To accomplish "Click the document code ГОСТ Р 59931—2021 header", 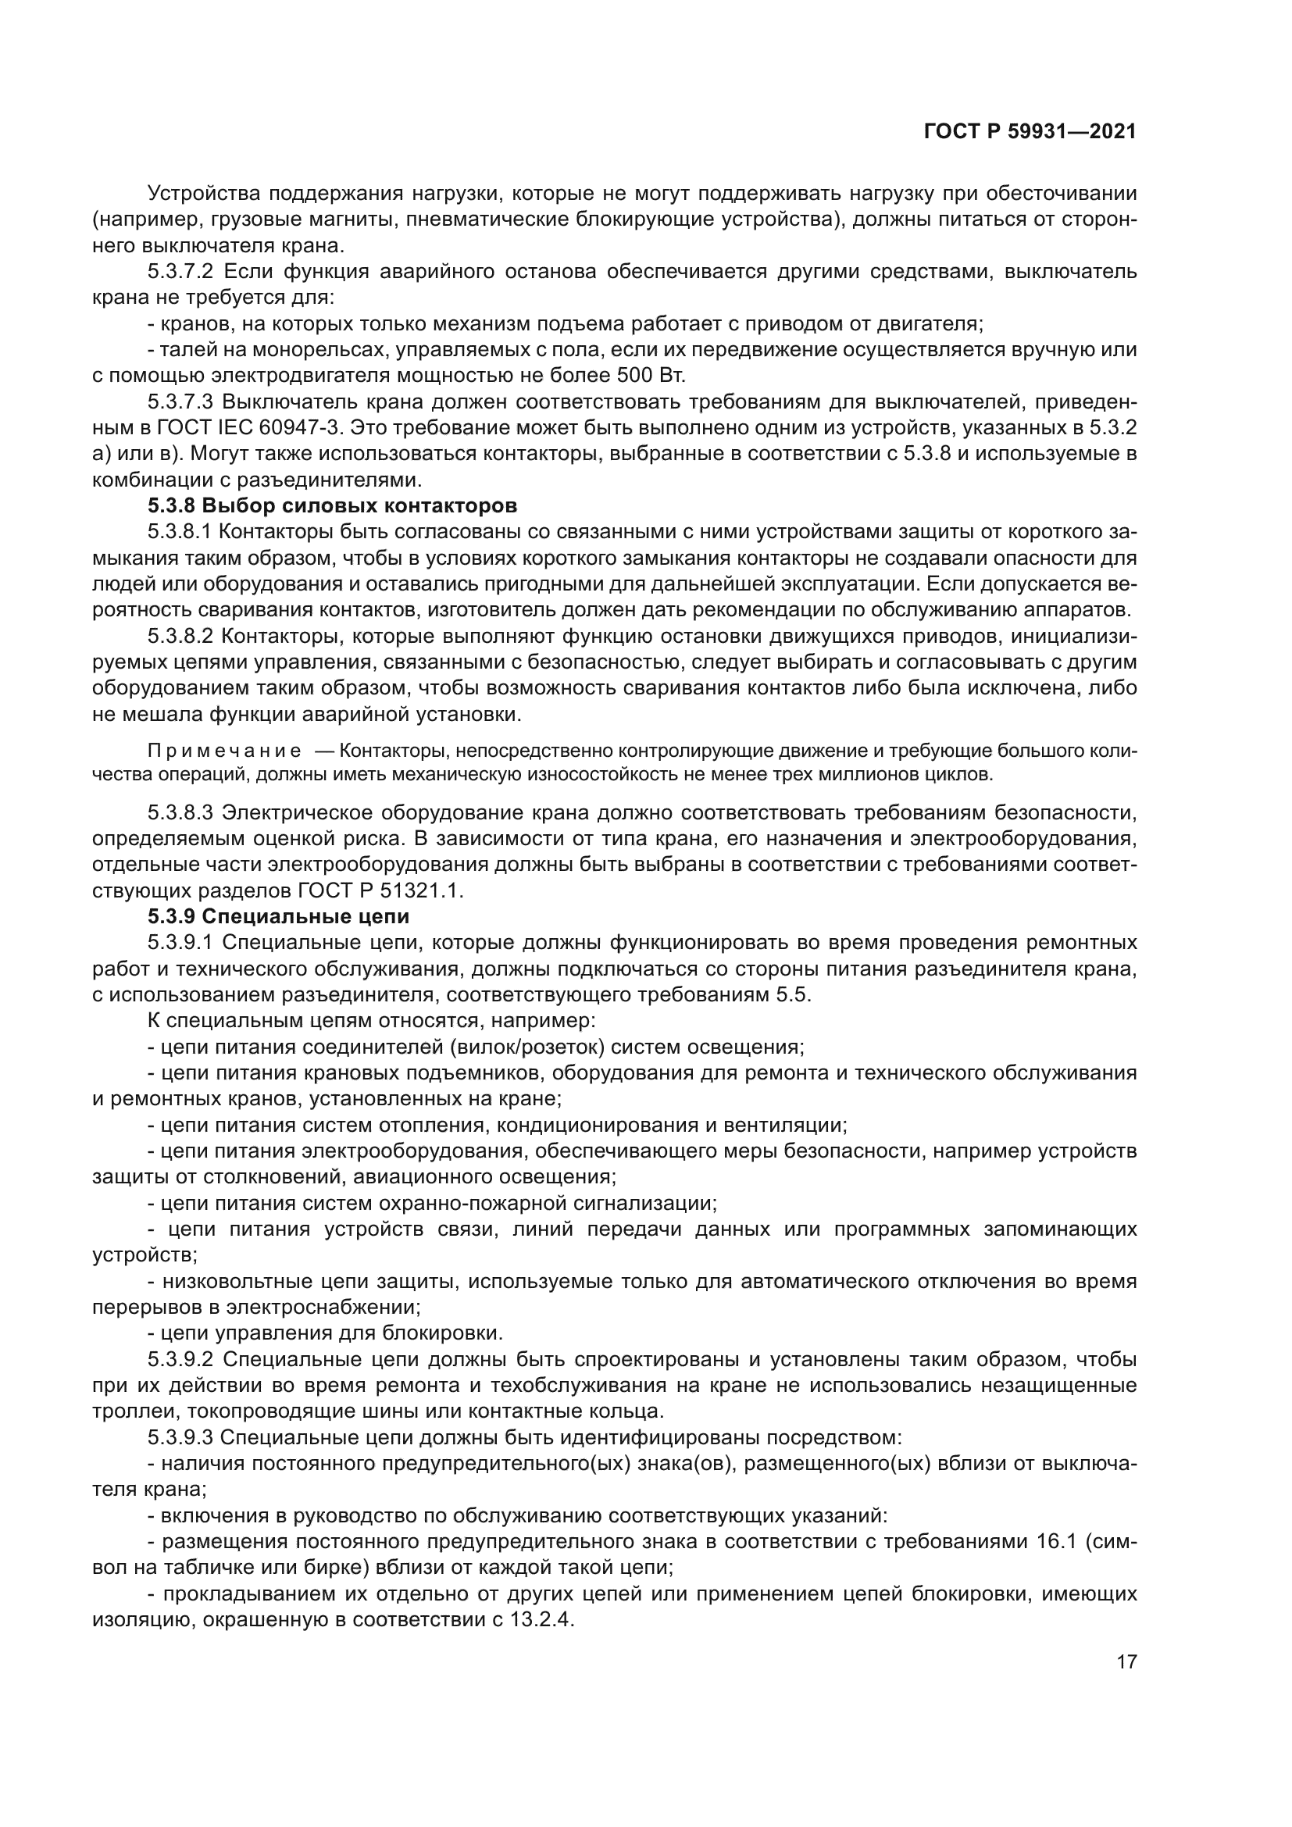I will click(1030, 132).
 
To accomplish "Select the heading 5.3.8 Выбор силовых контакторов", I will click(333, 506).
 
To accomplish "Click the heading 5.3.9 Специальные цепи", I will click(278, 917).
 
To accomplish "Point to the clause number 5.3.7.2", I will click(180, 272).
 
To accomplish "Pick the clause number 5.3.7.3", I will click(180, 401).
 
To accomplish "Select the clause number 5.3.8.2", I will click(180, 637).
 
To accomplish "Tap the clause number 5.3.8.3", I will click(180, 812).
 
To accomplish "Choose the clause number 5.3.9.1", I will click(180, 943).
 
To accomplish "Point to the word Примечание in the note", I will click(224, 751).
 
